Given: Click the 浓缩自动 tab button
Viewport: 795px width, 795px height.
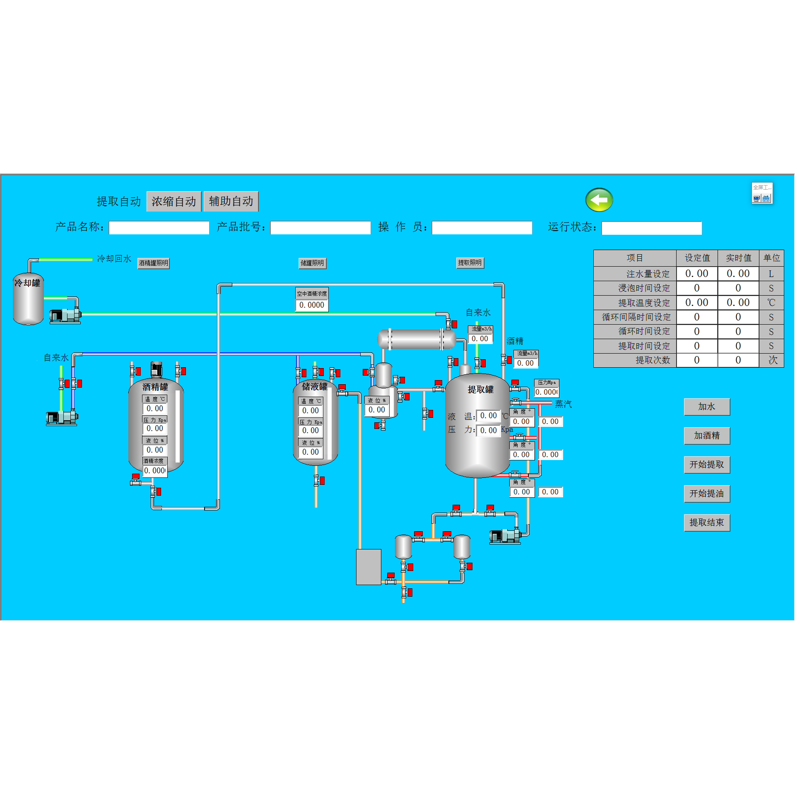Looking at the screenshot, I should pos(174,202).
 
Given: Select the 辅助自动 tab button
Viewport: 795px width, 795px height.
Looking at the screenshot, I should pos(231,202).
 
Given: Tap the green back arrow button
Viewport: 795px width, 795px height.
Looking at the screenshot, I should pos(599,200).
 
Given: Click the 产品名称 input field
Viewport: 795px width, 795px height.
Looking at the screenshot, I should pos(159,228).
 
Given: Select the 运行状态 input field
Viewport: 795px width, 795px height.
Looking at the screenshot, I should pos(651,228).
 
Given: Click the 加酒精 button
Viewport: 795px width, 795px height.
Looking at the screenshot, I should pos(706,436).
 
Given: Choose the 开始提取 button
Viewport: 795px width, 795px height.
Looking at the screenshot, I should pos(706,465).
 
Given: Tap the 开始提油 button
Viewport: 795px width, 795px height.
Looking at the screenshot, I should pos(706,494).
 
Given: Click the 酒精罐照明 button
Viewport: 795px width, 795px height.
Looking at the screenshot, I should pos(154,263).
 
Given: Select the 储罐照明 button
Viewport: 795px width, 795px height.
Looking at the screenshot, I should pos(312,263).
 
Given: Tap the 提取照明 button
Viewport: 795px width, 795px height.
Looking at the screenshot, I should pos(470,263).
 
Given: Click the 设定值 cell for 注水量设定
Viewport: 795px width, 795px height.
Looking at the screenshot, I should pos(696,274).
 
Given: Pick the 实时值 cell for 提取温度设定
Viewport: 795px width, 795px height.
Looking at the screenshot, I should pos(738,303).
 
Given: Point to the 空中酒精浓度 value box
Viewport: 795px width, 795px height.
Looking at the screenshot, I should pos(312,305).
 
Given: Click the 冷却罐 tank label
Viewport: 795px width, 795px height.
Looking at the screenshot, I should pos(27,283).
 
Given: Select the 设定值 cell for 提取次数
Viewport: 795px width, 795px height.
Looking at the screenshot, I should pos(696,360).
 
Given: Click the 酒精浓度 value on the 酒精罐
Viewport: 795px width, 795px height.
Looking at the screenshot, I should pos(155,471).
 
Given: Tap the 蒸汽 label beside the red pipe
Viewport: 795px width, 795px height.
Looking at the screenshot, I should pos(563,404).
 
